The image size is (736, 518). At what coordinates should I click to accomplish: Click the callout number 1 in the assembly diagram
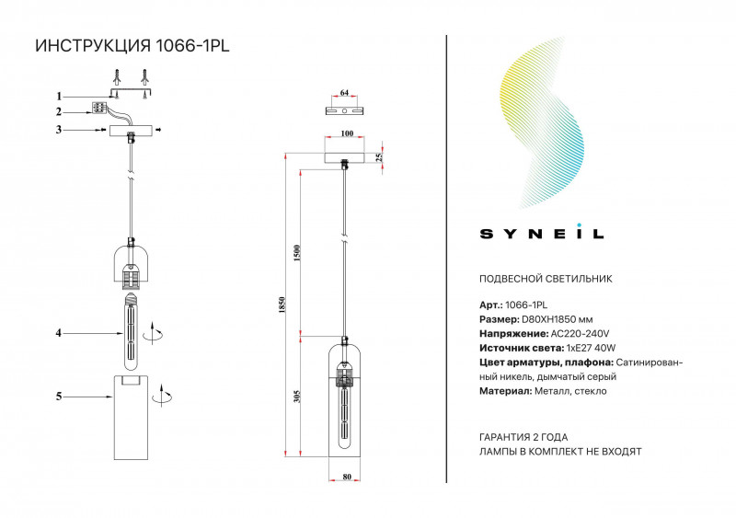tap(59, 97)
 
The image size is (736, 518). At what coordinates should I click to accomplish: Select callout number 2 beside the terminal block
tap(59, 112)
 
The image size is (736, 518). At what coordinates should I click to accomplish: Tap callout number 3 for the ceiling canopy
tap(59, 130)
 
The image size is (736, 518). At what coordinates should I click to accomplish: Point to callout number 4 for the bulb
tap(59, 333)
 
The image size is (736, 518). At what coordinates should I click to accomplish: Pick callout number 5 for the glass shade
tap(59, 397)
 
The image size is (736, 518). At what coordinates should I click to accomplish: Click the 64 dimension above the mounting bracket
tap(344, 93)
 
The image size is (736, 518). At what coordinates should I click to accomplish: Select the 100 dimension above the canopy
tap(347, 133)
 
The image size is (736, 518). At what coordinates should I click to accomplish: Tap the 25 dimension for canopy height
tap(379, 156)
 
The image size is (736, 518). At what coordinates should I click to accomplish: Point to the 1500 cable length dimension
tap(296, 253)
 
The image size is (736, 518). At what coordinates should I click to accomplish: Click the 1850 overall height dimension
tap(282, 305)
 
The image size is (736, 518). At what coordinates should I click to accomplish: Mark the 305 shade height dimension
tap(296, 397)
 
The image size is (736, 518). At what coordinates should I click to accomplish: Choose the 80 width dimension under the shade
tap(347, 477)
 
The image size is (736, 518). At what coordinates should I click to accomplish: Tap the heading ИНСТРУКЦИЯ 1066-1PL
tap(132, 46)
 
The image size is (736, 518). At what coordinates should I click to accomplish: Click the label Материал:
tap(505, 391)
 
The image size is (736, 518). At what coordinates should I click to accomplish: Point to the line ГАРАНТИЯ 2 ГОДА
tap(523, 437)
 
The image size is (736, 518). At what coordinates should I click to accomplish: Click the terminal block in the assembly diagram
tap(98, 108)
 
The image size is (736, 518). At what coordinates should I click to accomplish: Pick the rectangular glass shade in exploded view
tap(132, 417)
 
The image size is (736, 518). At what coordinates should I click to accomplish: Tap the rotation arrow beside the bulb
tap(154, 333)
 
